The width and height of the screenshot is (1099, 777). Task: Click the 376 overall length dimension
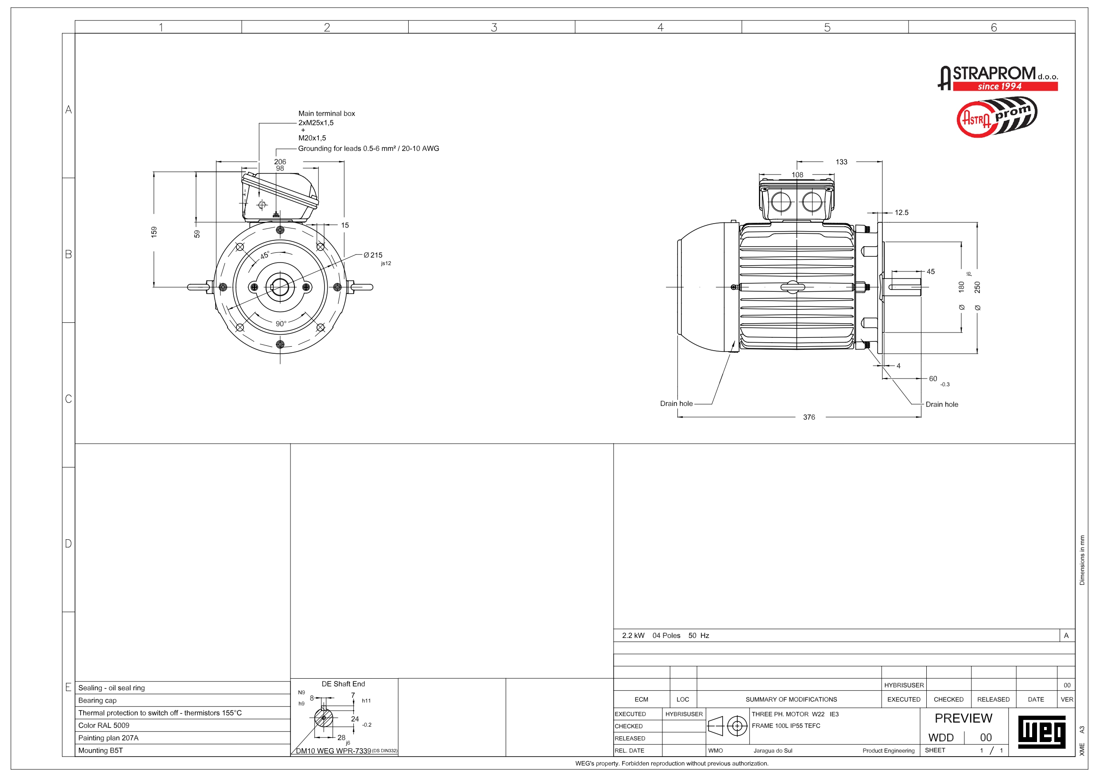click(x=809, y=417)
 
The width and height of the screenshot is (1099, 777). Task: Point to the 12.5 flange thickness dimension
click(x=902, y=213)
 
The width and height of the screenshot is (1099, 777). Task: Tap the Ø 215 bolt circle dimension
click(x=373, y=255)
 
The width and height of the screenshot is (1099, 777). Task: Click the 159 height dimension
click(x=154, y=232)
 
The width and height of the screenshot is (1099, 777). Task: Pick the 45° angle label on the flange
click(x=265, y=255)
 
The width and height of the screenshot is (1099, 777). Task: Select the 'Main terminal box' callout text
click(x=326, y=113)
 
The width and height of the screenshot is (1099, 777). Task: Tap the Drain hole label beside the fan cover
click(x=676, y=404)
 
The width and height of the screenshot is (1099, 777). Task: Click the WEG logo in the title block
click(x=1041, y=732)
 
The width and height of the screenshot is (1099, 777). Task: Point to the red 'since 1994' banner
click(x=1005, y=87)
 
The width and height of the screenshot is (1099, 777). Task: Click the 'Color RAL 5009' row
click(x=104, y=725)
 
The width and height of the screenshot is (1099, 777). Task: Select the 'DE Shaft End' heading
click(x=343, y=684)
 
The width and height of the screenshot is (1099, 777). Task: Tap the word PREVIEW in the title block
click(x=963, y=719)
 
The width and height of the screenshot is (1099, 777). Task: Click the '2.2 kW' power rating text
click(x=633, y=636)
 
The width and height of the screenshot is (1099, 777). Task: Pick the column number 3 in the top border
click(x=494, y=27)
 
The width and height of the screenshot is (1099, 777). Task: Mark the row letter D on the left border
click(x=69, y=544)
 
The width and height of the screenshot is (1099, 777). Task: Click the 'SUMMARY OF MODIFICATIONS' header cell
click(x=791, y=700)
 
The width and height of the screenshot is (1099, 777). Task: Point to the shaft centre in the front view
click(x=280, y=287)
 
